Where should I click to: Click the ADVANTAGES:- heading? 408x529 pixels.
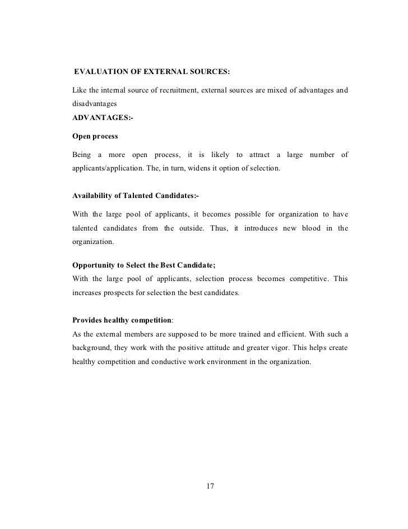tap(103, 118)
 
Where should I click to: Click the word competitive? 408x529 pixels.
tap(314, 278)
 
